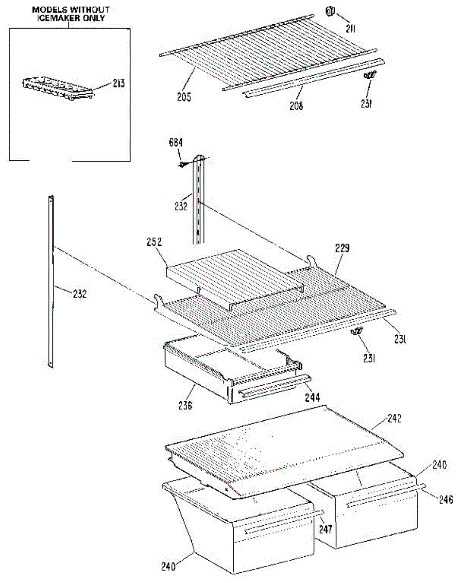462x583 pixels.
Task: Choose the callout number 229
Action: pyautogui.click(x=342, y=248)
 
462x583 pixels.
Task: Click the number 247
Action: pyautogui.click(x=325, y=529)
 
